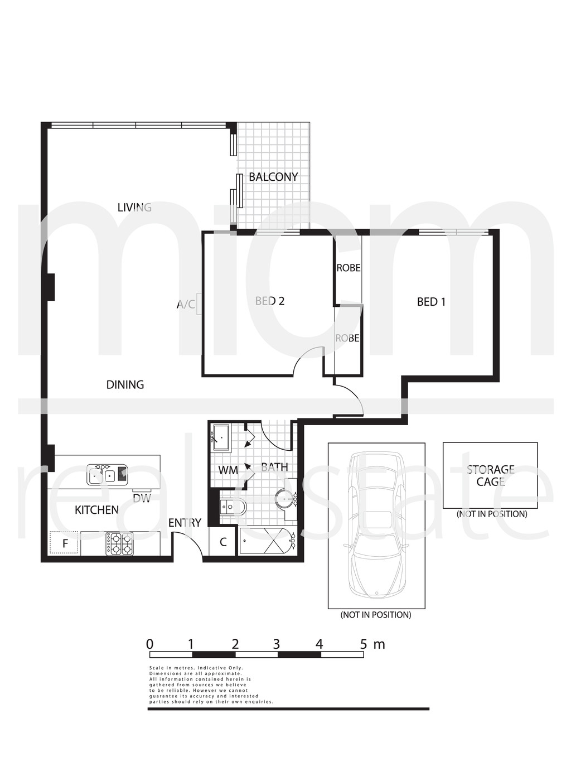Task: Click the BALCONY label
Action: point(273,177)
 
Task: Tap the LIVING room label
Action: point(134,208)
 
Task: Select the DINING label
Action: point(125,384)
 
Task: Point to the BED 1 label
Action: point(431,301)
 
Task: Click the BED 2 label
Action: point(270,301)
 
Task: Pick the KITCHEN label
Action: point(96,510)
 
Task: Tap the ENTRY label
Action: point(185,522)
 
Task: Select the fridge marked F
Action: point(65,543)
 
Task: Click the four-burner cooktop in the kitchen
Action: point(120,544)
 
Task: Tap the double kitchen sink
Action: point(107,475)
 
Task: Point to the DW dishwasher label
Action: point(142,498)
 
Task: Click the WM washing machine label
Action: point(228,470)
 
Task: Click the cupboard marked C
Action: point(223,542)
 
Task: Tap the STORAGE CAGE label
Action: point(491,475)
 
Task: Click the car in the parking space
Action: point(376,525)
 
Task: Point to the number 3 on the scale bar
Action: point(277,644)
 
